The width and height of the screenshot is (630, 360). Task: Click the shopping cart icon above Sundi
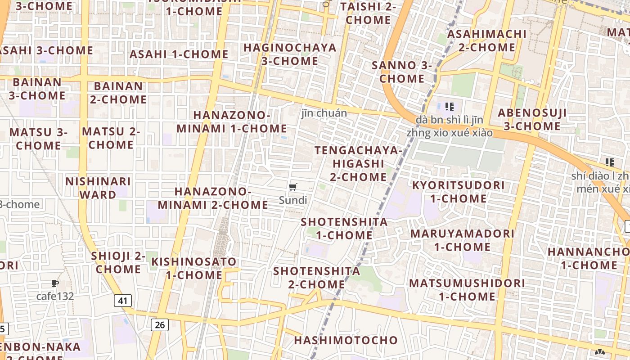(x=293, y=187)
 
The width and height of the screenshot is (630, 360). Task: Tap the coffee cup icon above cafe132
(x=55, y=283)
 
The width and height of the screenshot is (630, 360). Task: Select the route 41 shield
(x=123, y=301)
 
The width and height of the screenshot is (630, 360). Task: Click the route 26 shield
(x=160, y=324)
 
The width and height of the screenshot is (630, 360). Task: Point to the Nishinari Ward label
(x=98, y=188)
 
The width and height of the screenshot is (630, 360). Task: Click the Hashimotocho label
(x=346, y=340)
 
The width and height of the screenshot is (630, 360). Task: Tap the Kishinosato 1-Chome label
(x=194, y=268)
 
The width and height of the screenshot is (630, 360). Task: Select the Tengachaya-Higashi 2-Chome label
(x=358, y=163)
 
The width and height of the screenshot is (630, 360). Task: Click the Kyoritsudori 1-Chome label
(x=459, y=192)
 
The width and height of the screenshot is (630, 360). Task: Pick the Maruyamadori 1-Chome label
(x=462, y=240)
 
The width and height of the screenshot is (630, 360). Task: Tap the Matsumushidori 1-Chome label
(x=467, y=290)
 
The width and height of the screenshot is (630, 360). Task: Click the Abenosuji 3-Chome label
(x=532, y=119)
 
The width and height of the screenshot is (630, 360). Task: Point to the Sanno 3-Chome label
(x=402, y=72)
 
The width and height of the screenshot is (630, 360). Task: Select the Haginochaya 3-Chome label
(x=290, y=54)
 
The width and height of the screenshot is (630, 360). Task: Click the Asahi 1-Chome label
(x=179, y=54)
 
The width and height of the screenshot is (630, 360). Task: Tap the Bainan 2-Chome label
(x=118, y=93)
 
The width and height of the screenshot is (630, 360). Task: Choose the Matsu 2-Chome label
(x=111, y=138)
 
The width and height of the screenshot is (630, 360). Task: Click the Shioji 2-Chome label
(x=118, y=262)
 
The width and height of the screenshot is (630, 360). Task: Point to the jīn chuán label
(x=324, y=113)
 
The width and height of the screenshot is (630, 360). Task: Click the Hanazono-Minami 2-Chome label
(x=213, y=198)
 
